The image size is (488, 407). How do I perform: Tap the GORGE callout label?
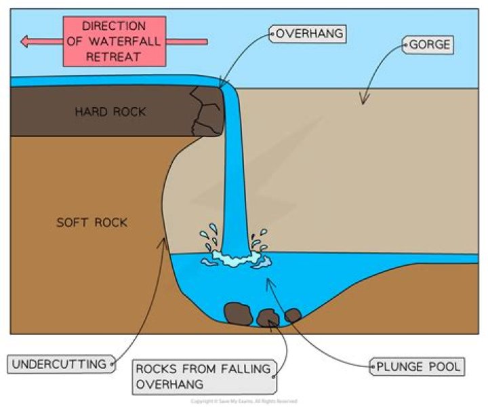(x=430, y=46)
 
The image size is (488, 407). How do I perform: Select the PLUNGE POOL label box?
(x=416, y=368)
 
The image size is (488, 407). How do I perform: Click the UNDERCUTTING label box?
(x=60, y=364)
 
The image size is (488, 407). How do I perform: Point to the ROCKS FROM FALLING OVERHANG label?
(x=203, y=376)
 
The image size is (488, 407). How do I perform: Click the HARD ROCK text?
(x=110, y=111)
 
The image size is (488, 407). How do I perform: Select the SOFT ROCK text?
(x=91, y=222)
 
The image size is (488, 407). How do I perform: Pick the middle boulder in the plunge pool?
(x=268, y=317)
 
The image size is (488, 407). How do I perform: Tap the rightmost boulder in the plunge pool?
(x=293, y=315)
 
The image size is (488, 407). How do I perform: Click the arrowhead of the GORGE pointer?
(x=364, y=102)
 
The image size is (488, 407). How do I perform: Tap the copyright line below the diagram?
(x=243, y=402)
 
